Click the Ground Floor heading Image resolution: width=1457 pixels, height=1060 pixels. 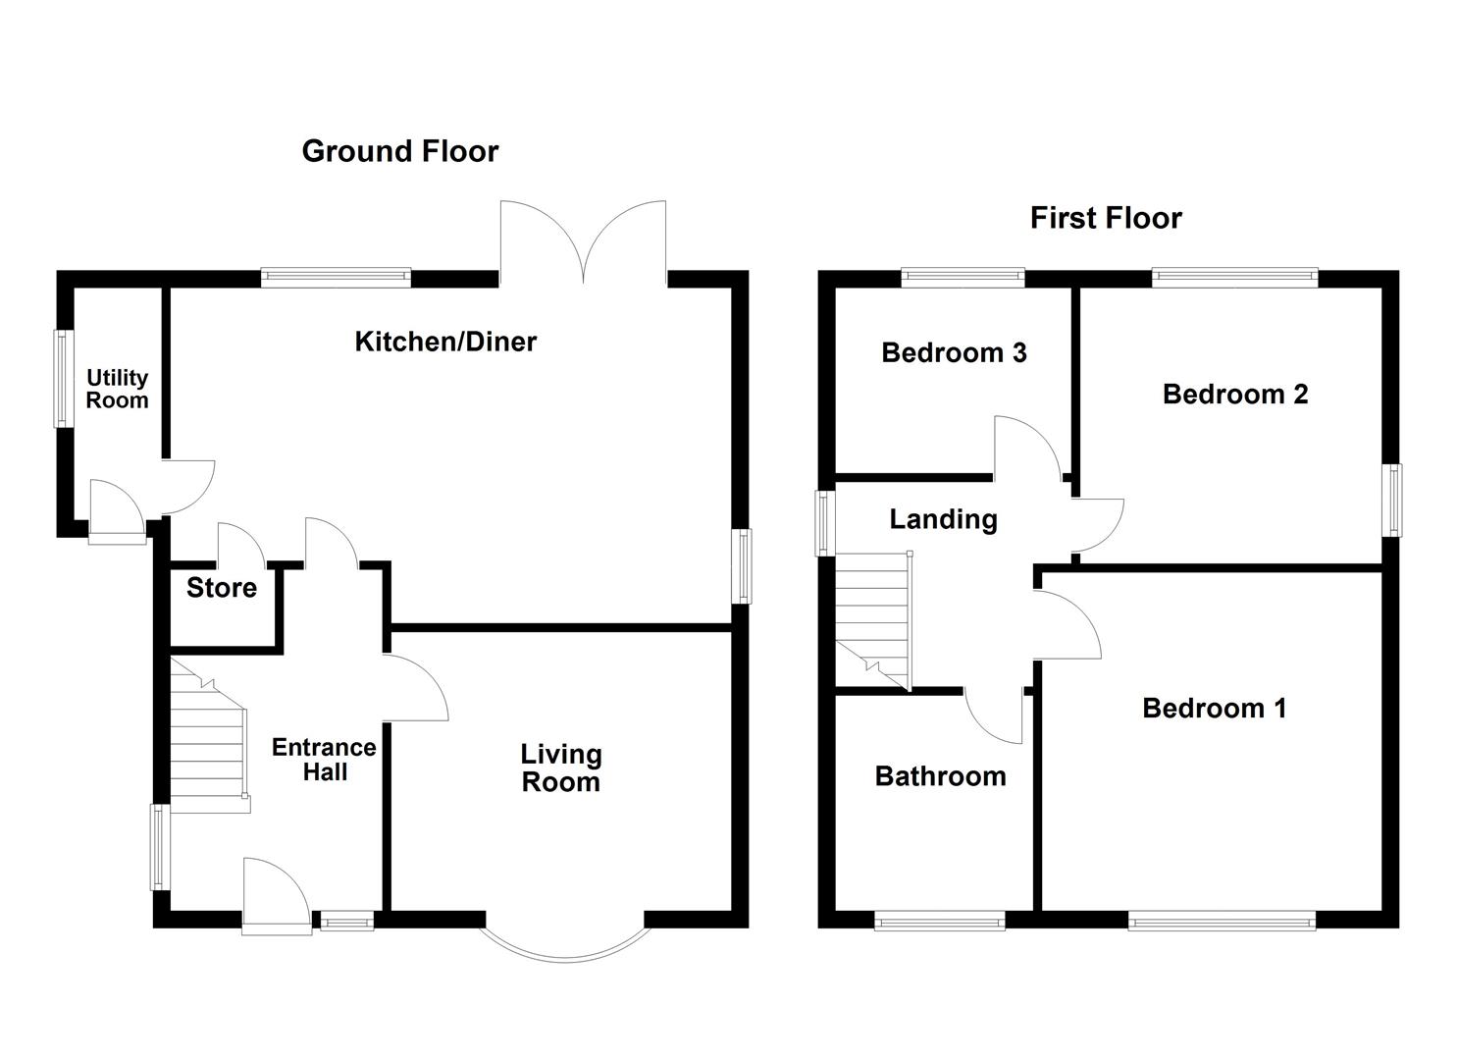400,151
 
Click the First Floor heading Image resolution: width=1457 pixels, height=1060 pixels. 1106,218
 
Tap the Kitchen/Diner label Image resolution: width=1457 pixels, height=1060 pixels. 445,342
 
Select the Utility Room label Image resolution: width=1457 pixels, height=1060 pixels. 117,389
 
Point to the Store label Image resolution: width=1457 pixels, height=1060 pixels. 222,588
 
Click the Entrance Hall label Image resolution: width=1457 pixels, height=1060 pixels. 324,759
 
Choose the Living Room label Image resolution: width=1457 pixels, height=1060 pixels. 560,768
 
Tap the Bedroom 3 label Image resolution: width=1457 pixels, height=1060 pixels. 955,352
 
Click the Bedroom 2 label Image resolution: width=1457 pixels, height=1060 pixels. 1235,395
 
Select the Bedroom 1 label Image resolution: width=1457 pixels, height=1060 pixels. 1215,708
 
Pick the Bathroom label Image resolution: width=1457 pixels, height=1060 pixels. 941,776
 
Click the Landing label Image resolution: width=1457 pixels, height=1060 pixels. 943,520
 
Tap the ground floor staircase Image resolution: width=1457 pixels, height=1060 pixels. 209,735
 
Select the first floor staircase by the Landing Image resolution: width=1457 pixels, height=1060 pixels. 873,620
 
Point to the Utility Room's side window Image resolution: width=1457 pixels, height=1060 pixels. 63,379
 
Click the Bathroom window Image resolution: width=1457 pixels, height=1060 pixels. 939,921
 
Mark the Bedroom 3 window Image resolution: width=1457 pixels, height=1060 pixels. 963,278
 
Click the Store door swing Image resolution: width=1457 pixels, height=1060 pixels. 241,544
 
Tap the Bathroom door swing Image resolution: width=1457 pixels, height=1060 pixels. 993,716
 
